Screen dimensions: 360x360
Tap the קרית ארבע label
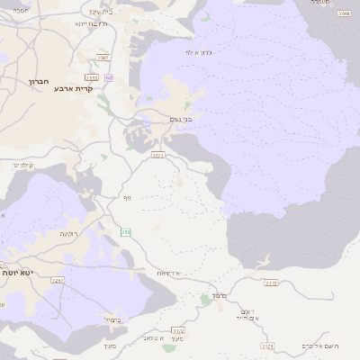coord(75,88)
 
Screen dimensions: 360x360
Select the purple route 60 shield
coord(109,78)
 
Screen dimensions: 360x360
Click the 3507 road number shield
coord(103,57)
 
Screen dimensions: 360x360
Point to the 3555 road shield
coord(91,79)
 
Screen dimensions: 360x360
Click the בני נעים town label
coord(181,119)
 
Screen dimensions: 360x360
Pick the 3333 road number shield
coord(157,155)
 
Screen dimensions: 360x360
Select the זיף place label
coord(128,195)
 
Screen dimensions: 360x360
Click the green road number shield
coord(126,232)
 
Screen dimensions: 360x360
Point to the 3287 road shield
coord(58,281)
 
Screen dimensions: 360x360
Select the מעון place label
coord(110,346)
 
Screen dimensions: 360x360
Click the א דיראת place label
coord(168,273)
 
